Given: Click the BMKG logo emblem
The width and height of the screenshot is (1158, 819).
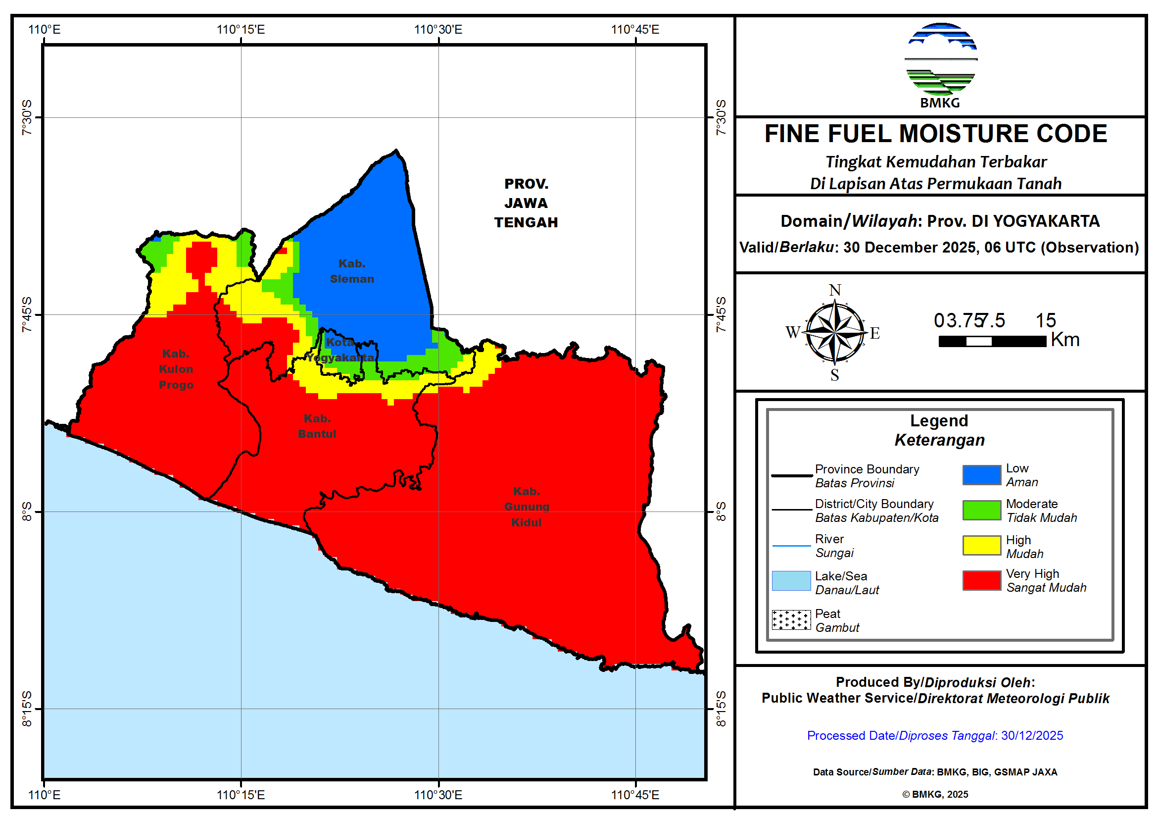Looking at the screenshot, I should tap(941, 59).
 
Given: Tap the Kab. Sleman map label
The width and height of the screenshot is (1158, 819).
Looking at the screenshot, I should tap(351, 271).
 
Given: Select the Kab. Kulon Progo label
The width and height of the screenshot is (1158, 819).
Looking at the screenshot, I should tap(176, 369).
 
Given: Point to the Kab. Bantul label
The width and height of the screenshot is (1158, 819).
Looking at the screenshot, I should tap(317, 426).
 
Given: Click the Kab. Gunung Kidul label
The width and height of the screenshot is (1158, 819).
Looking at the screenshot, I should tap(526, 507).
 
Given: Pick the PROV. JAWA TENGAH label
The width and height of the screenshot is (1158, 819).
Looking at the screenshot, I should tap(526, 203).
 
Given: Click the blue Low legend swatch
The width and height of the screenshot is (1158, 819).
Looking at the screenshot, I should tap(981, 475).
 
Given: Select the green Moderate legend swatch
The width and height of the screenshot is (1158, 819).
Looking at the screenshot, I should tap(981, 510).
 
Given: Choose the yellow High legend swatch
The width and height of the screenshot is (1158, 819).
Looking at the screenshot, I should tap(981, 545).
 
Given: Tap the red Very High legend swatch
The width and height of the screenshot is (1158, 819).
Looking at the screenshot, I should tap(981, 580).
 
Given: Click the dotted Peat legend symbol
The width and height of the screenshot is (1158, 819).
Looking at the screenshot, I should tap(791, 619).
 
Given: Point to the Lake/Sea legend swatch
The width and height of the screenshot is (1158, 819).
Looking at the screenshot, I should tap(791, 581).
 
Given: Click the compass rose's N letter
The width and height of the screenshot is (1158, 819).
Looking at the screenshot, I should tap(835, 290).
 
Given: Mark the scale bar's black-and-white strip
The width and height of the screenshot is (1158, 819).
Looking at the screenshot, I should tap(992, 342).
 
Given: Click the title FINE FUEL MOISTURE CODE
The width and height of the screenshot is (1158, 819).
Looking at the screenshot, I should tap(936, 134).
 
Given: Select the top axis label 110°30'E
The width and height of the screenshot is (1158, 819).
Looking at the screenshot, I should tap(438, 29).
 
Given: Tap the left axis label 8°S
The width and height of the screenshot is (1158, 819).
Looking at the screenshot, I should tap(27, 511).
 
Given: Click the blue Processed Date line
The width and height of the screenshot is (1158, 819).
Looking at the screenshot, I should tap(935, 735).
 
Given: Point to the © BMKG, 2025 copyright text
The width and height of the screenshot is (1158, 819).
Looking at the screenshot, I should tap(935, 794).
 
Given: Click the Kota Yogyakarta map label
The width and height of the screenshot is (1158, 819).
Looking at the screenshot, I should tap(340, 350).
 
